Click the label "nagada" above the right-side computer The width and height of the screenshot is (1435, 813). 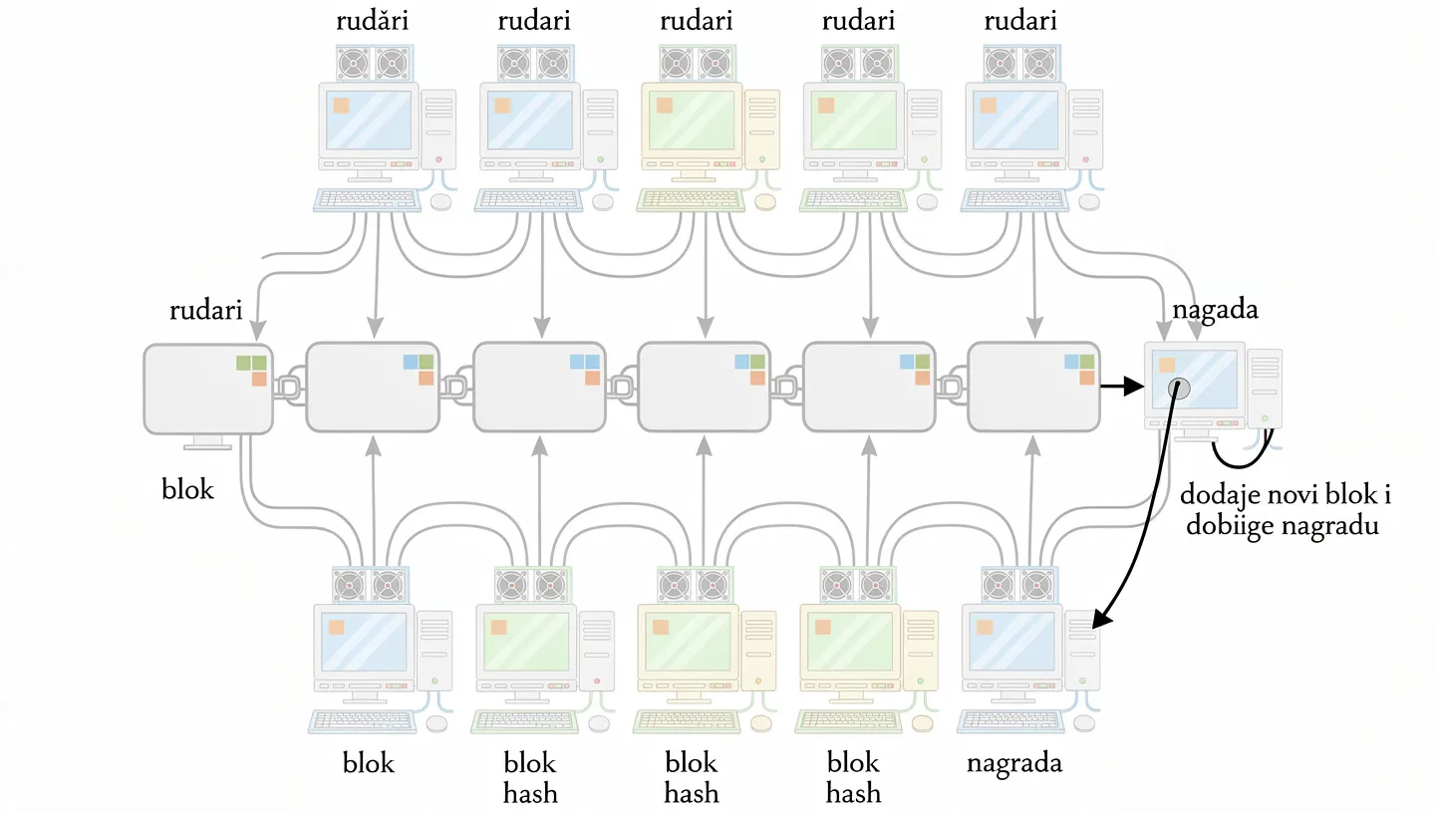pyautogui.click(x=1215, y=310)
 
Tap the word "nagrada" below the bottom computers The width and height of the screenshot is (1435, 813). pyautogui.click(x=1014, y=764)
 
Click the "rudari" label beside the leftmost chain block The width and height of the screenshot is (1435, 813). pyautogui.click(x=206, y=311)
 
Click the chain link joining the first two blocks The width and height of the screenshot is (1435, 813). pyautogui.click(x=289, y=388)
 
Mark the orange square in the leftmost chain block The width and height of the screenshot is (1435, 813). pyautogui.click(x=259, y=379)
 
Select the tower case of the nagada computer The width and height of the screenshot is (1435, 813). pyautogui.click(x=1265, y=389)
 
